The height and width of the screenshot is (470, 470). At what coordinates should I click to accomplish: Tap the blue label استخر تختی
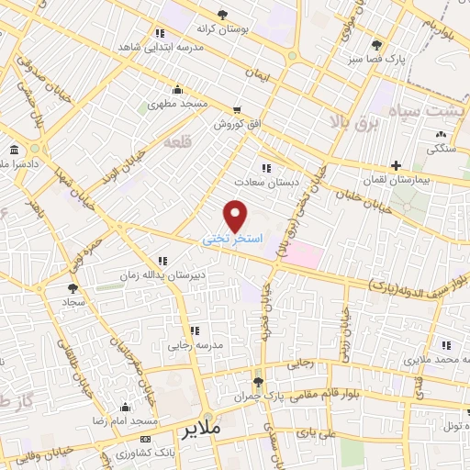point(232,238)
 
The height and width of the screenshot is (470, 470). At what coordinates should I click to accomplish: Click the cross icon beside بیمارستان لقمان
point(395,166)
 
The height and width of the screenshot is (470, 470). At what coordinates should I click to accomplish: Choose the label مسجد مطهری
point(178,106)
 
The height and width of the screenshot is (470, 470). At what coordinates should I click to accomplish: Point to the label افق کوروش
point(233,123)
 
